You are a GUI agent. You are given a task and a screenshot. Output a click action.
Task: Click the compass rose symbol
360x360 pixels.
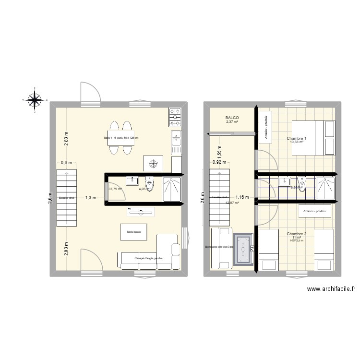(x=35, y=100)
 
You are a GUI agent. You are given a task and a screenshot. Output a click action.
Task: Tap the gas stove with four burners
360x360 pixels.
(x=175, y=115)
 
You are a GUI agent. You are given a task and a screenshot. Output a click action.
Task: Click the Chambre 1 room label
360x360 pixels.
(x=297, y=138)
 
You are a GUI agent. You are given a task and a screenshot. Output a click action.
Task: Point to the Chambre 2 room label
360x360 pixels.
(x=297, y=234)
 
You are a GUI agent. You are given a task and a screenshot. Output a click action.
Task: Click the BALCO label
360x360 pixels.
(x=232, y=118)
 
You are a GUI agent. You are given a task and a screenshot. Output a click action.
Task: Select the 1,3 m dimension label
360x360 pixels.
(x=91, y=197)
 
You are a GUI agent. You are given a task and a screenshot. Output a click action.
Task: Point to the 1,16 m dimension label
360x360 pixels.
(x=242, y=197)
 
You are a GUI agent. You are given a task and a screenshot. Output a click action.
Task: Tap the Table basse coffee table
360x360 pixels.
(x=133, y=232)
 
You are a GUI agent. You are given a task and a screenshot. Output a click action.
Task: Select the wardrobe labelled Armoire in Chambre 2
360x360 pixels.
(x=315, y=210)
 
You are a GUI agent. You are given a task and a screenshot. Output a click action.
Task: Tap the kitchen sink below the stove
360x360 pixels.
(x=176, y=138)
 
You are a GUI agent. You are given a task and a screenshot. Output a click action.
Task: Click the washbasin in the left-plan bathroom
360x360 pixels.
(x=131, y=181)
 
